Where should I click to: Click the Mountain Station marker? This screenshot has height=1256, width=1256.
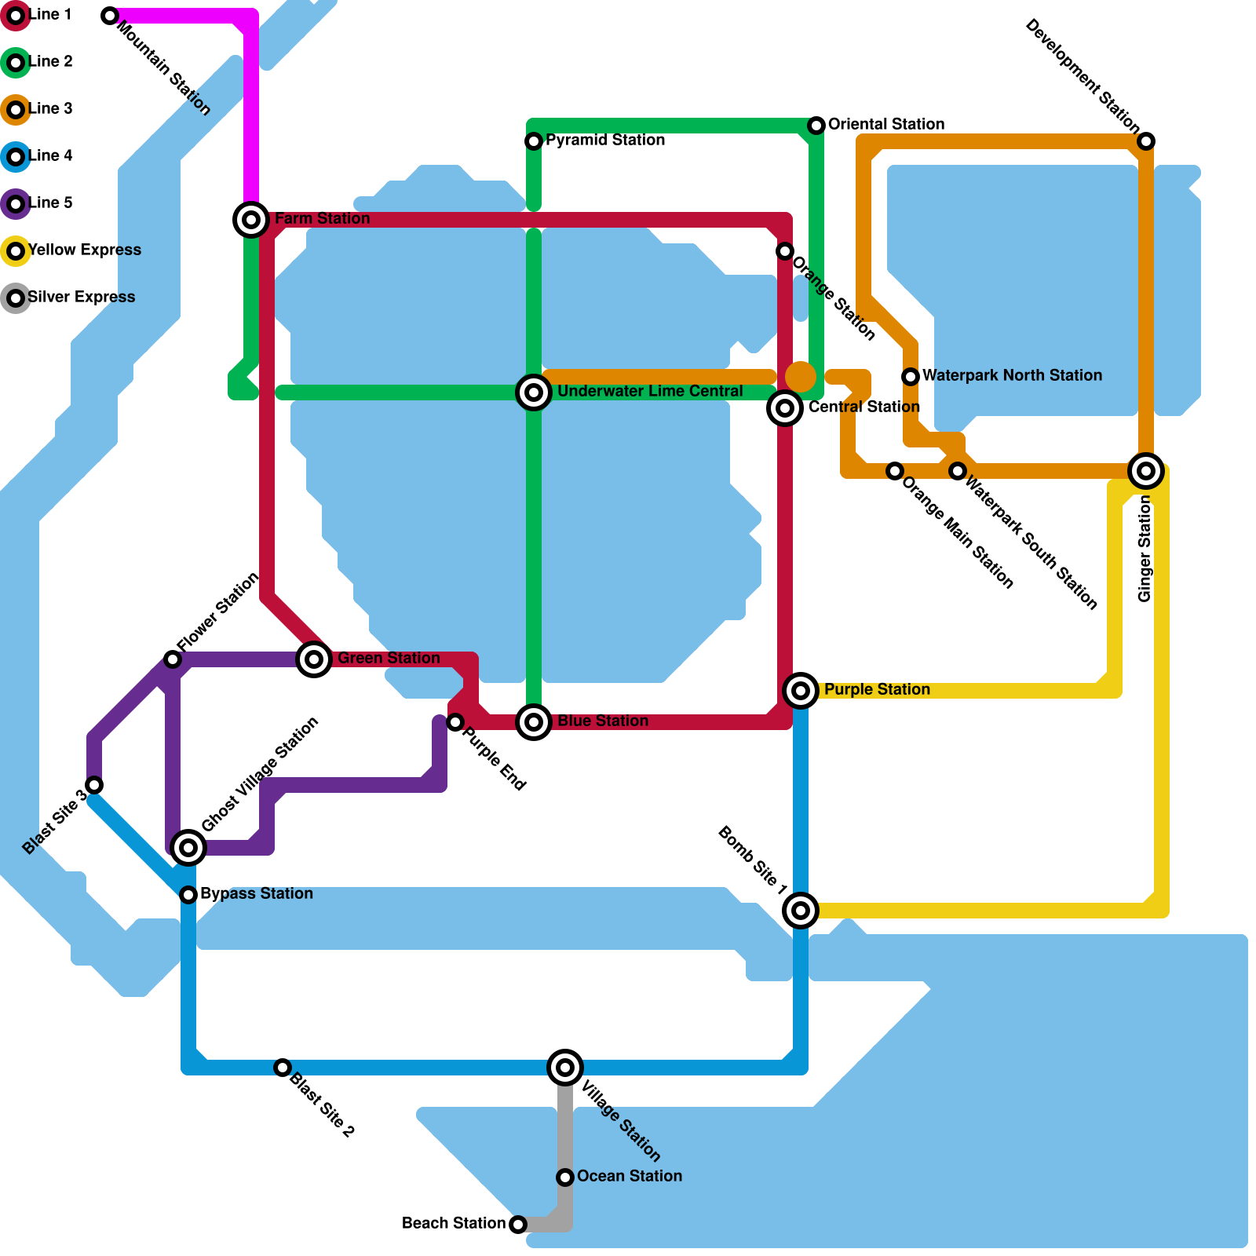coord(110,16)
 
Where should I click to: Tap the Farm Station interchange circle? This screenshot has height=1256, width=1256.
coord(251,220)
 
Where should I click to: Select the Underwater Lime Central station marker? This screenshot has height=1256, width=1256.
coord(534,392)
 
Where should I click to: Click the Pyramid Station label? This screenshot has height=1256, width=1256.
coord(605,141)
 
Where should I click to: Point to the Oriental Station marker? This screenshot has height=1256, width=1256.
coord(816,126)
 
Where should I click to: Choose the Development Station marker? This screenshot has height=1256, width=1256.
coord(1146,141)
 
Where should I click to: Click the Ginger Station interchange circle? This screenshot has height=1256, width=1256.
coord(1146,471)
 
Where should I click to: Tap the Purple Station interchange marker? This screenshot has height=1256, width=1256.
coord(801,691)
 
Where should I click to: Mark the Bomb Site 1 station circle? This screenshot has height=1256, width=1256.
coord(801,911)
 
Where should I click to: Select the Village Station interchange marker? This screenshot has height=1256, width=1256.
coord(565,1068)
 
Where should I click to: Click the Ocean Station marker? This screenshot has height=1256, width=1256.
coord(565,1177)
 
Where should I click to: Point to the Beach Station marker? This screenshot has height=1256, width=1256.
coord(518,1225)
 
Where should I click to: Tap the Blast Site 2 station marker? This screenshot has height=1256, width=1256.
coord(283,1068)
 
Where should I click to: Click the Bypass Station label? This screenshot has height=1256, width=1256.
coord(257,894)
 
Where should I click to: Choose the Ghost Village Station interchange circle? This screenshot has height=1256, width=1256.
coord(188,848)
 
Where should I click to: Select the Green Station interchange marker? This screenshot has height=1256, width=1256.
coord(314,659)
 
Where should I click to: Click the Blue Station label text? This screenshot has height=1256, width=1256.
coord(603,721)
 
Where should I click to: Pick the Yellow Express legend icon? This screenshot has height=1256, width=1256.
coord(16,251)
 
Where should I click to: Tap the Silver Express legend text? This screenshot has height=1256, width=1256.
coord(82,298)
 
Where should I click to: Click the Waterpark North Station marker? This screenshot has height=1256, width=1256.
coord(911,377)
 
